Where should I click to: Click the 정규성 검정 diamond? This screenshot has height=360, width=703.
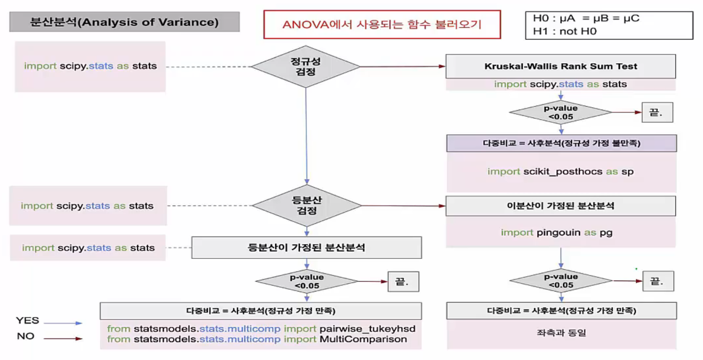(x=305, y=67)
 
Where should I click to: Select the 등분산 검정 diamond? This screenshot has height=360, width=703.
(x=307, y=206)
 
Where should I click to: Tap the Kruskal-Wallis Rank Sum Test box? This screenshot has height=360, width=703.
(x=561, y=66)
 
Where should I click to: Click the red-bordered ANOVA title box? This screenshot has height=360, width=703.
(x=382, y=25)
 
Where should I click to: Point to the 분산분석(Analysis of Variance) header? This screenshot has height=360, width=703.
(x=124, y=22)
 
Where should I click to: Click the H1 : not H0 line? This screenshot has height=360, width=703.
(x=565, y=32)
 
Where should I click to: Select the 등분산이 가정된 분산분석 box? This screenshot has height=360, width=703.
(x=307, y=248)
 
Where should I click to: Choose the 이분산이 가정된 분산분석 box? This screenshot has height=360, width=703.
(x=561, y=206)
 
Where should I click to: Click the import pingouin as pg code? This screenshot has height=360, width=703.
(x=557, y=232)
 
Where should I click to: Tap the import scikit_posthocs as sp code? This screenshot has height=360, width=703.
(x=560, y=172)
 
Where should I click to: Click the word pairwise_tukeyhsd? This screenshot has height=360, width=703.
(x=368, y=328)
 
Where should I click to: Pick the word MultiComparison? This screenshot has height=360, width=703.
(x=363, y=339)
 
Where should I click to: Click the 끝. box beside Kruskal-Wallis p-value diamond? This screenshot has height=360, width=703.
(x=657, y=112)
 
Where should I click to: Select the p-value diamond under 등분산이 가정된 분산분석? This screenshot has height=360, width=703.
(x=307, y=281)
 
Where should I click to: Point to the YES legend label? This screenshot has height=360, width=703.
(x=28, y=321)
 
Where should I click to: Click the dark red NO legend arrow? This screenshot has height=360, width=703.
(x=63, y=339)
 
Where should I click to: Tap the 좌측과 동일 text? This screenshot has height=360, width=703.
(x=561, y=333)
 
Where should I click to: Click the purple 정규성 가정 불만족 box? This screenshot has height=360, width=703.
(x=561, y=143)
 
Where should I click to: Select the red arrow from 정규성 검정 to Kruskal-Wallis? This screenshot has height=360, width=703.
(x=403, y=67)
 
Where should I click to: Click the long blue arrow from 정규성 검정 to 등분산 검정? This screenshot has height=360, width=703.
(x=306, y=136)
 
